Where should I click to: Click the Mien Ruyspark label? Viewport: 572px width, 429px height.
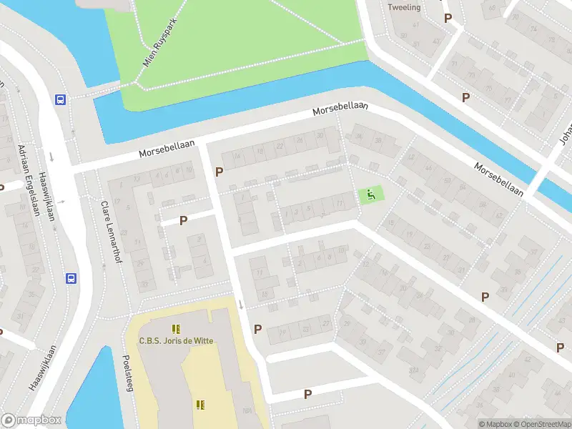click(x=159, y=43)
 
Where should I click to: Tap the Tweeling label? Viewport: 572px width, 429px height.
click(x=404, y=7)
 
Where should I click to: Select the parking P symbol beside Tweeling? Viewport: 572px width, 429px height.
click(x=448, y=18)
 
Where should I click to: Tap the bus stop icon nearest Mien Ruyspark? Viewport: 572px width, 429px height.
click(x=61, y=100)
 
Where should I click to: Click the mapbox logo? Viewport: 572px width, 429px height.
click(x=31, y=420)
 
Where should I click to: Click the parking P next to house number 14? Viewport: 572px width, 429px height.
click(x=220, y=172)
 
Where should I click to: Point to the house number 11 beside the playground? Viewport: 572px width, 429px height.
click(x=339, y=204)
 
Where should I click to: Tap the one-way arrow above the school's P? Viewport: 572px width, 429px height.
click(x=241, y=305)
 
